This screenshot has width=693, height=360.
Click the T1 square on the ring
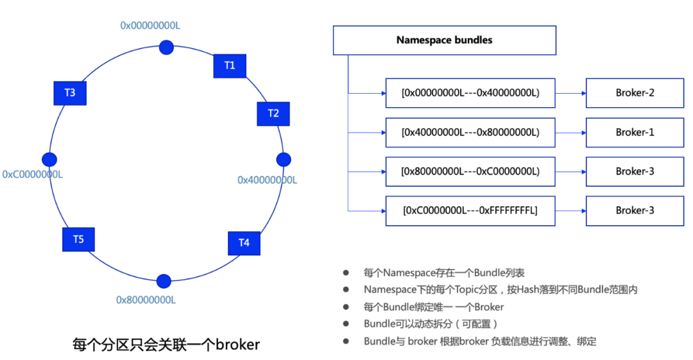click(x=230, y=65)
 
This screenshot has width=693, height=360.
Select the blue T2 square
click(x=273, y=114)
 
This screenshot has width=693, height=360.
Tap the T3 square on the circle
click(x=69, y=93)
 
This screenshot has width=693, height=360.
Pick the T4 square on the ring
click(x=244, y=243)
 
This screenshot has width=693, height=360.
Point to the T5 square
click(x=78, y=239)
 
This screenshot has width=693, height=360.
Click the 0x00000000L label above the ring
click(x=150, y=25)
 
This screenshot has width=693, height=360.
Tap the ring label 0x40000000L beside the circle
click(x=268, y=180)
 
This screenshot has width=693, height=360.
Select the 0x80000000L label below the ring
click(x=146, y=300)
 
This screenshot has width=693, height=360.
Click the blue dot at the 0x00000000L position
click(x=166, y=47)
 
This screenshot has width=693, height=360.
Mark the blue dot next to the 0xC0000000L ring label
click(x=49, y=159)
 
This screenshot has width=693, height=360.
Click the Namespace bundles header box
click(x=444, y=40)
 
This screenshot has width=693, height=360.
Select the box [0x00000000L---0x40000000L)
click(x=470, y=93)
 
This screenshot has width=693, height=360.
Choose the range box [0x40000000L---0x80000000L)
click(x=470, y=132)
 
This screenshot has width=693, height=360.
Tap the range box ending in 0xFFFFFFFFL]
click(x=470, y=210)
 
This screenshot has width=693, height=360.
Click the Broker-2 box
click(x=635, y=93)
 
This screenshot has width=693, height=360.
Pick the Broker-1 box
click(x=635, y=132)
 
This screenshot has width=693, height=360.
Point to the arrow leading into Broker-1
click(x=570, y=132)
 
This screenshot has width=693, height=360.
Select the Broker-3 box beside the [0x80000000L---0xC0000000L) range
click(x=635, y=171)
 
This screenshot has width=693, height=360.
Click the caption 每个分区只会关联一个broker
click(x=166, y=345)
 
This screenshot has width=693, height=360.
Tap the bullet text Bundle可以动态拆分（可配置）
click(x=431, y=324)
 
